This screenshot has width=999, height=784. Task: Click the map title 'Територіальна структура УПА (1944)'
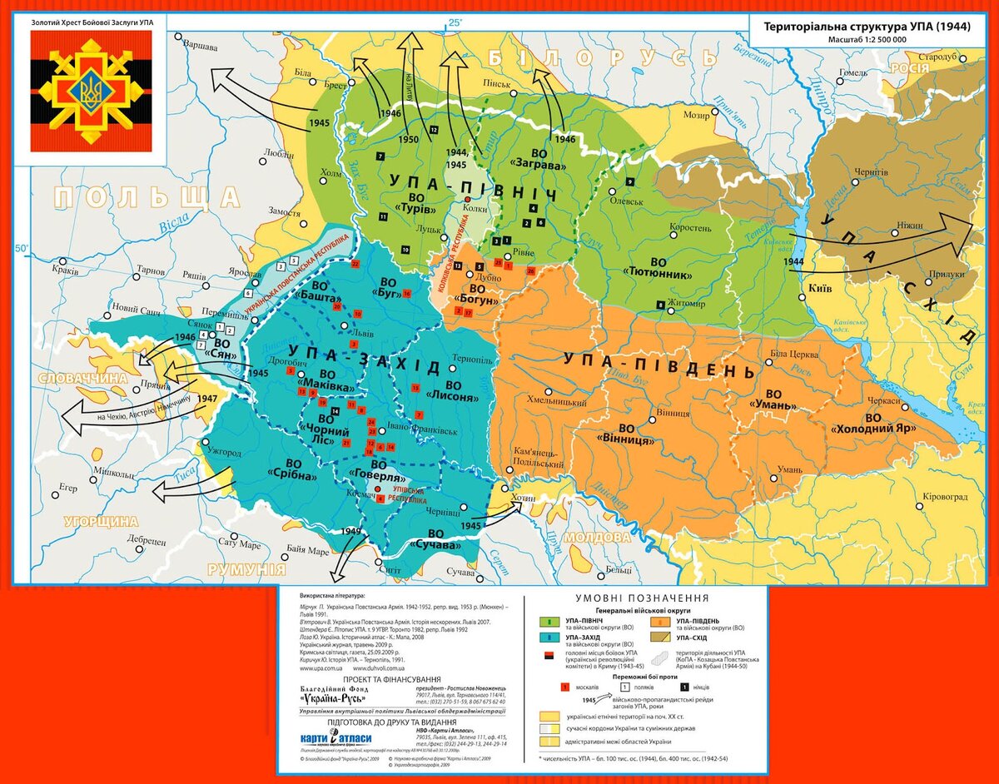pos(867,27)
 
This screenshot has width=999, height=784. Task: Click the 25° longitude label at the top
pos(455,22)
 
